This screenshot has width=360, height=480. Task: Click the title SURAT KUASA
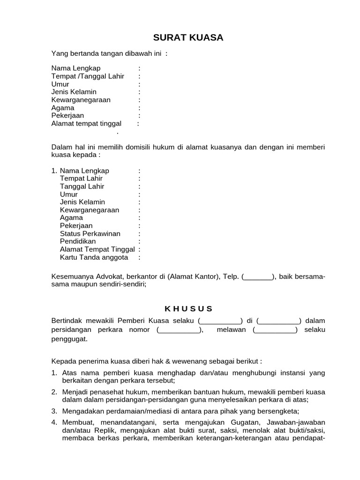pos(188,38)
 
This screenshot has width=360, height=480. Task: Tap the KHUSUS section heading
pos(188,308)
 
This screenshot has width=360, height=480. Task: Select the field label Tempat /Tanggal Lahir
pos(88,76)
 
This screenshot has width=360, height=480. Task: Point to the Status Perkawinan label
pos(90,233)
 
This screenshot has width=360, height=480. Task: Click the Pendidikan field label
pos(78,241)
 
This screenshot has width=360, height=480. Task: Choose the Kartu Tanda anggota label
pos(94,257)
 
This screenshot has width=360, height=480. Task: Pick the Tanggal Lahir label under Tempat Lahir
pos(82,186)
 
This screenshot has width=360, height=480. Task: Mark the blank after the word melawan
pos(275,330)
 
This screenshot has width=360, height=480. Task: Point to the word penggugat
pos(69,339)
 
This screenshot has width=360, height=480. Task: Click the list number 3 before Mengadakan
pos(54,411)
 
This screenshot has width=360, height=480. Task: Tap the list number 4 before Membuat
pos(54,422)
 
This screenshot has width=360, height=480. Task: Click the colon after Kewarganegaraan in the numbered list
pos(139,210)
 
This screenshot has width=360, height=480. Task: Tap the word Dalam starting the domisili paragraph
pos(61,147)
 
